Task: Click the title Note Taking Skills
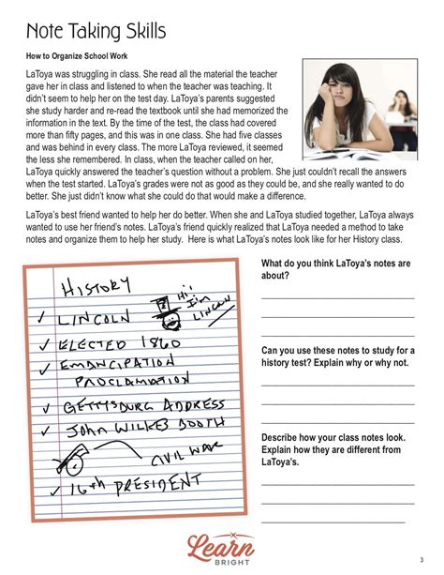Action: point(96,31)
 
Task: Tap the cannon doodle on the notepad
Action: point(73,461)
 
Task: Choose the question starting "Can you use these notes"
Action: point(337,356)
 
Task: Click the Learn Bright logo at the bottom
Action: point(222,545)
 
